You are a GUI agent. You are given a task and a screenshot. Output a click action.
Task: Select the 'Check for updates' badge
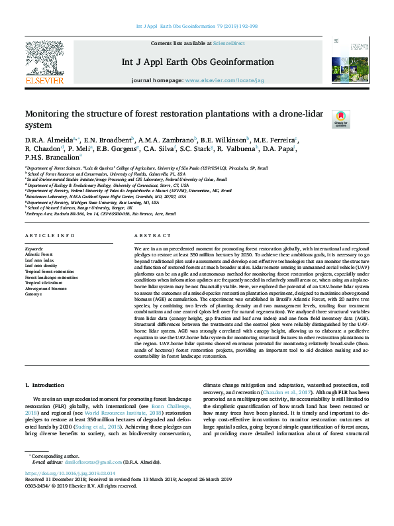[x=340, y=119]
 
